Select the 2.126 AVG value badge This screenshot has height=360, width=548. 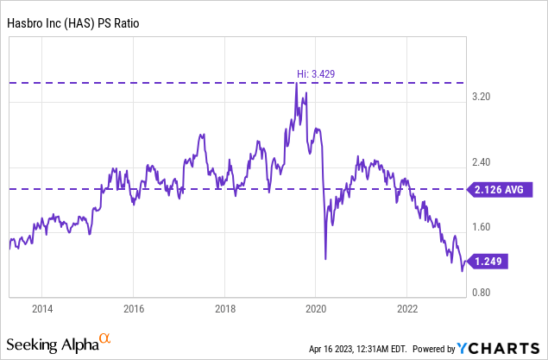pyautogui.click(x=498, y=190)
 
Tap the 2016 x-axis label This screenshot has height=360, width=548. pyautogui.click(x=134, y=309)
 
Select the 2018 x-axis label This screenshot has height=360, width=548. pyautogui.click(x=225, y=309)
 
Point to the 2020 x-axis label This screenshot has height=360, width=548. pyautogui.click(x=316, y=309)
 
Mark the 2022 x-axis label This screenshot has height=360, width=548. pyautogui.click(x=407, y=309)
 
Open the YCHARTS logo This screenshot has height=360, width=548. pyautogui.click(x=497, y=348)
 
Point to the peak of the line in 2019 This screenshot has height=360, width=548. pyautogui.click(x=297, y=84)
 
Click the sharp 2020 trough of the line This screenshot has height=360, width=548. pyautogui.click(x=325, y=258)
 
